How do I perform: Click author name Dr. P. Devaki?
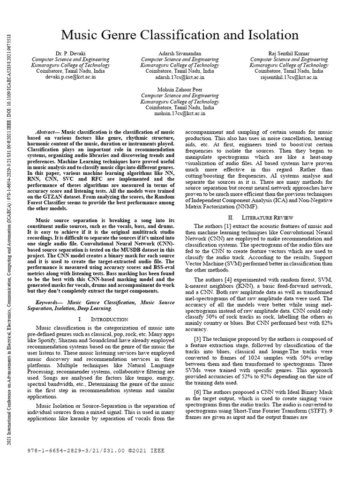coord(71,53)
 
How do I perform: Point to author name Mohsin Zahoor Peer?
coord(180,89)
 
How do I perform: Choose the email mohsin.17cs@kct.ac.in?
coord(180,113)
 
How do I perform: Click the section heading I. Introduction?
coord(100,319)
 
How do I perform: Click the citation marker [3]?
coord(197,338)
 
